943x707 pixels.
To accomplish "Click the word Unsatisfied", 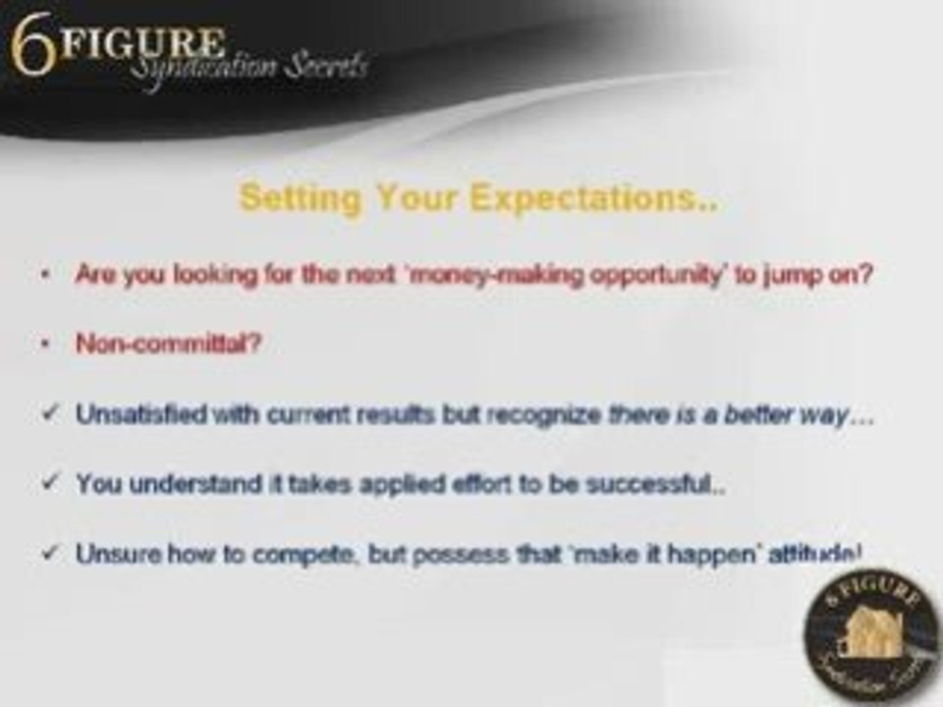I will [141, 413].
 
